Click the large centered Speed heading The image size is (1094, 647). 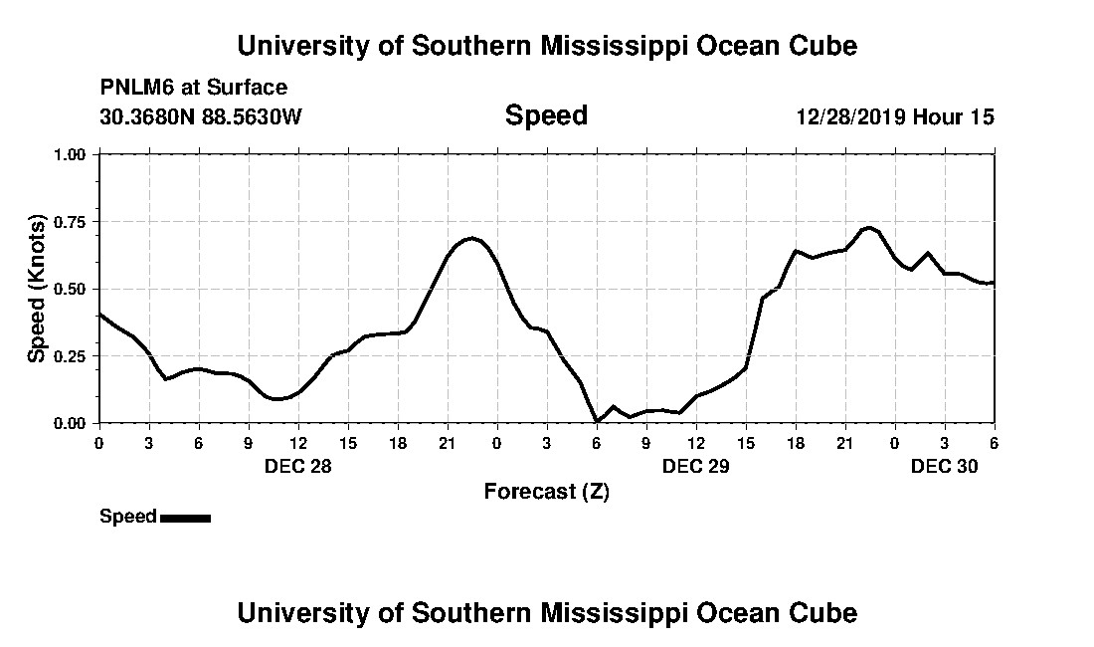[546, 115]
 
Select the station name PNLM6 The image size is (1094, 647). [132, 88]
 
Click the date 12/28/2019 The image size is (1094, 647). [850, 116]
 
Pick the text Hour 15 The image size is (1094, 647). [954, 116]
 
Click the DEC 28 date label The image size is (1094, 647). [298, 465]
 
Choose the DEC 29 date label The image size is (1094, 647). [696, 465]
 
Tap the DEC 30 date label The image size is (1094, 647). [945, 465]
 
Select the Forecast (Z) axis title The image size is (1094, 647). [546, 492]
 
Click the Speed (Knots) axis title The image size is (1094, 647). [37, 289]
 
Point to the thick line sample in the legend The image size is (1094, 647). [185, 518]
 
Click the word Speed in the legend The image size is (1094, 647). [127, 517]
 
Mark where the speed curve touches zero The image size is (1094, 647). [597, 422]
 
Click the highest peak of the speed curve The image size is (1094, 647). [869, 228]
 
